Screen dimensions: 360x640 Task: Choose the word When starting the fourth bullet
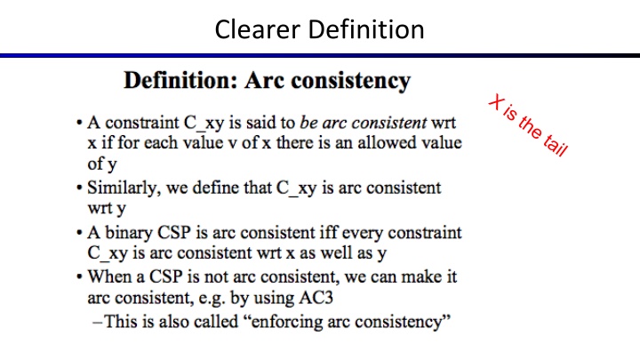[x=108, y=276]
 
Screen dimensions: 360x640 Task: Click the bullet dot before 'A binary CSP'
[x=80, y=234]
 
